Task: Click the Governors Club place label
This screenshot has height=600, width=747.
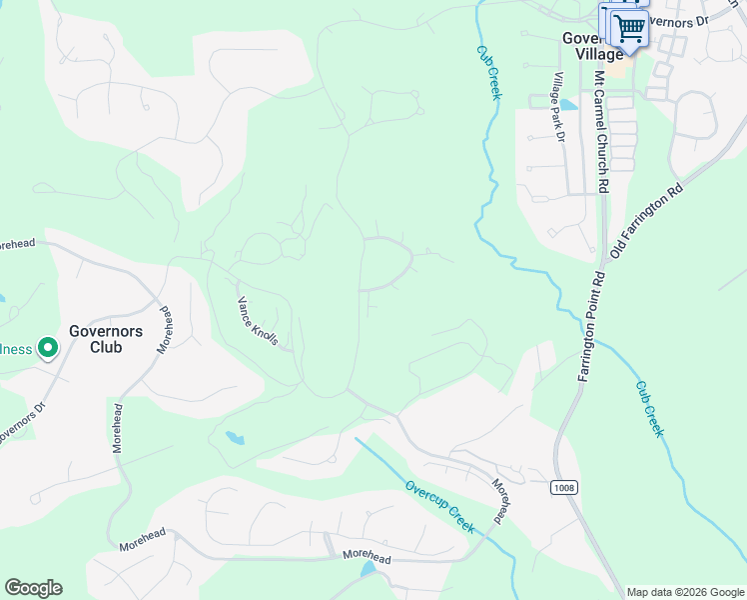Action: (106, 340)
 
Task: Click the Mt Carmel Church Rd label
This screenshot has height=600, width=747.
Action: (602, 130)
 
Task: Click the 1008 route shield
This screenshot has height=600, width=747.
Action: (562, 487)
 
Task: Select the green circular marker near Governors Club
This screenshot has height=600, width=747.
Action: (47, 348)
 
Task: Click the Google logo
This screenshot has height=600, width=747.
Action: (33, 588)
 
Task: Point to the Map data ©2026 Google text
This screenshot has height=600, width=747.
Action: (685, 592)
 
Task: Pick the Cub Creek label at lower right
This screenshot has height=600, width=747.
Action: (649, 408)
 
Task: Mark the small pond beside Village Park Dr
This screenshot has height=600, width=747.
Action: (567, 104)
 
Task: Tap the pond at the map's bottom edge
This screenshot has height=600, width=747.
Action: (369, 568)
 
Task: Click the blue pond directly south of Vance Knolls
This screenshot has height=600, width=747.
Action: (235, 437)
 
